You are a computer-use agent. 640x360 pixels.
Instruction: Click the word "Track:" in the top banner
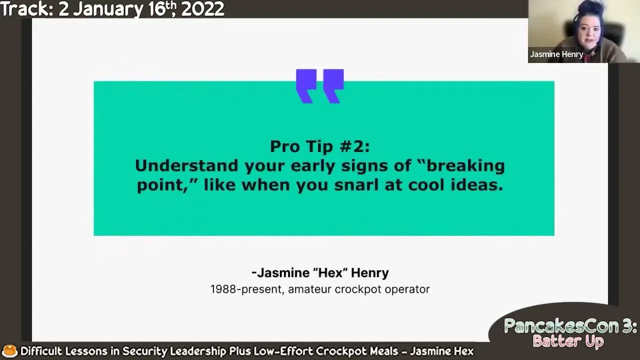(x=27, y=9)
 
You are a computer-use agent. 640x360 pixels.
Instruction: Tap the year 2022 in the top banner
(x=202, y=9)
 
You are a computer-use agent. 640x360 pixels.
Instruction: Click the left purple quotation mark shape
(x=306, y=86)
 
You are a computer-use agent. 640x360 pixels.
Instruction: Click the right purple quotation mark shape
(x=333, y=86)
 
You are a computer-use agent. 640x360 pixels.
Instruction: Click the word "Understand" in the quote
(x=186, y=165)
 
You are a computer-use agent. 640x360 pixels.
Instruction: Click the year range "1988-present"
(x=247, y=289)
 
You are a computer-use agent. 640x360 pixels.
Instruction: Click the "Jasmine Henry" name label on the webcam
(x=556, y=54)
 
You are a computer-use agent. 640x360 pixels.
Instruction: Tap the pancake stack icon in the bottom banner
(x=9, y=351)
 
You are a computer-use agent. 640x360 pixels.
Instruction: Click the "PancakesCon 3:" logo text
(x=570, y=326)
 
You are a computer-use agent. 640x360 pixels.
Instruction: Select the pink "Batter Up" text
(x=568, y=341)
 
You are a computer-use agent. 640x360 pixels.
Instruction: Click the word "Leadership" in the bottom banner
(x=196, y=351)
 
